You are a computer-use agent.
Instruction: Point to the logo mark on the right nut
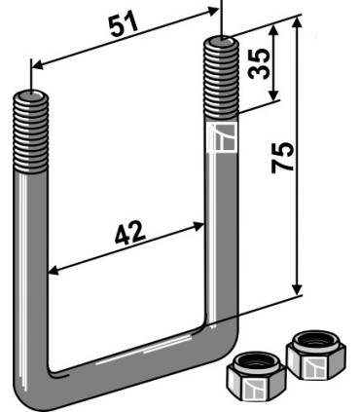pyautogui.click(x=313, y=368)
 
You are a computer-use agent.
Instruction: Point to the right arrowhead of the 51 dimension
pyautogui.click(x=217, y=9)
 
